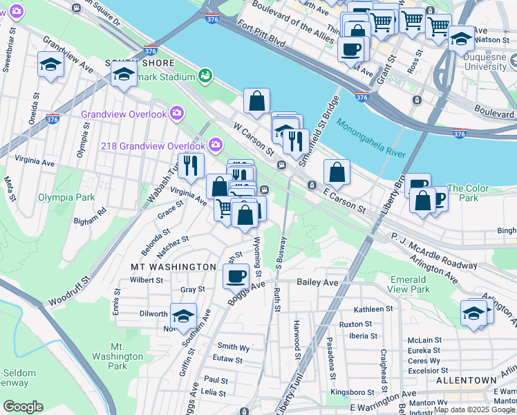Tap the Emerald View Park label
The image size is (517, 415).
click(x=408, y=284)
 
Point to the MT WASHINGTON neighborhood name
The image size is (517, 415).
click(x=173, y=266)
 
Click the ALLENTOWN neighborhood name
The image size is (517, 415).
click(x=466, y=380)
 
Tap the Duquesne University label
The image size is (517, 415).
click(x=485, y=62)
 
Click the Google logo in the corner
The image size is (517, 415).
click(x=23, y=407)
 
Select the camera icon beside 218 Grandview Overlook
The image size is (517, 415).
click(x=216, y=145)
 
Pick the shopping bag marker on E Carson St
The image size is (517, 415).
click(x=337, y=172)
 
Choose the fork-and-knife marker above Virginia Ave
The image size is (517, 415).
click(x=190, y=165)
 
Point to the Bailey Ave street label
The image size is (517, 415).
click(x=317, y=282)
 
